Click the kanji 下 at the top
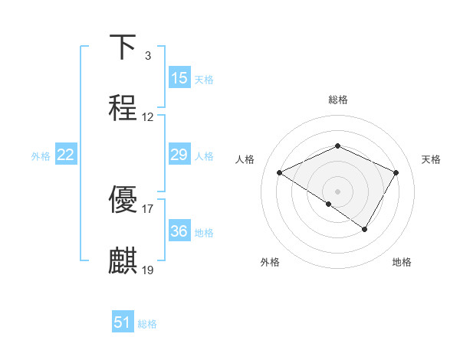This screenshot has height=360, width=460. (123, 47)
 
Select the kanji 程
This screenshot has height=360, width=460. (123, 108)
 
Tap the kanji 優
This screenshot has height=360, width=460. (123, 199)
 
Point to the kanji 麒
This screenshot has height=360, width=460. (123, 261)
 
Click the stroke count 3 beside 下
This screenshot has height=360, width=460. (147, 56)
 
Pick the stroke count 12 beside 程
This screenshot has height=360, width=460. (148, 117)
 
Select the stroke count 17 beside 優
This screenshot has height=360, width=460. (148, 208)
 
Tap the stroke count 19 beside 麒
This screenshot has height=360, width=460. (148, 270)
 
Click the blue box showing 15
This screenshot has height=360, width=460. (179, 78)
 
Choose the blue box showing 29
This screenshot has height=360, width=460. (179, 155)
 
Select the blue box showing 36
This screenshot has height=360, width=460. (179, 231)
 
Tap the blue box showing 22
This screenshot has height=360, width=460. (66, 155)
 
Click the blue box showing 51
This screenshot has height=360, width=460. (123, 322)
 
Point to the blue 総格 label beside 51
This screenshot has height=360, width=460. (147, 324)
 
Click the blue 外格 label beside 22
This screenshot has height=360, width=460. (41, 156)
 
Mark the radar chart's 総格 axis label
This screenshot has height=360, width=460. (337, 100)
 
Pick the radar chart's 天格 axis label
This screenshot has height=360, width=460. (432, 159)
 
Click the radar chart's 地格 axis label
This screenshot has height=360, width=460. (402, 263)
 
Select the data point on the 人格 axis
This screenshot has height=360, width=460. (280, 173)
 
